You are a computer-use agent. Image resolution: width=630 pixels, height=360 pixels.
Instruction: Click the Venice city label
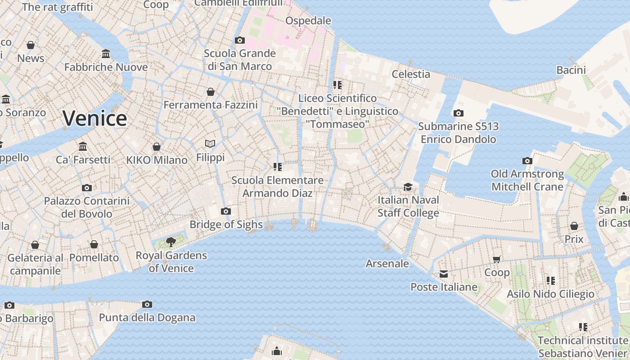[x=94, y=118]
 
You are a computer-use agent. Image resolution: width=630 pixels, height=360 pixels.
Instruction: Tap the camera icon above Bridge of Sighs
[x=226, y=211]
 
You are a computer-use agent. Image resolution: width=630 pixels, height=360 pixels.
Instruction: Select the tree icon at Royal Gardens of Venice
[x=171, y=242]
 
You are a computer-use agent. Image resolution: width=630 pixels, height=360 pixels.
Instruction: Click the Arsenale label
[x=387, y=264]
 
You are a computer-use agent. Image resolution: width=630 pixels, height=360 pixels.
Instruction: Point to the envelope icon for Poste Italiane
[x=444, y=274]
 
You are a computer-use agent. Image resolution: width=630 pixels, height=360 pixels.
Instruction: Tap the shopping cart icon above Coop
[x=497, y=259]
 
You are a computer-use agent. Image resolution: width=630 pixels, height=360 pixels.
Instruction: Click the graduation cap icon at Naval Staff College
[x=408, y=187]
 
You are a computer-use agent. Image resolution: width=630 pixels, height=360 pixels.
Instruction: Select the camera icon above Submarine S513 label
[x=459, y=113]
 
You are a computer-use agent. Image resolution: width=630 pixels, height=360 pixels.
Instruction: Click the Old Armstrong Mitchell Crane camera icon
[x=527, y=161]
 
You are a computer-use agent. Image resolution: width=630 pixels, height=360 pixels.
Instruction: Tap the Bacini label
[x=571, y=70]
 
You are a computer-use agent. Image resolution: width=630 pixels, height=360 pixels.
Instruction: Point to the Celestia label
[x=411, y=74]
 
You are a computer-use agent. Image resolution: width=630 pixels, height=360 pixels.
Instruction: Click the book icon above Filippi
[x=210, y=144]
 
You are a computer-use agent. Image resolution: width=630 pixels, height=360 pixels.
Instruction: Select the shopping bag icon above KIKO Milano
[x=157, y=147]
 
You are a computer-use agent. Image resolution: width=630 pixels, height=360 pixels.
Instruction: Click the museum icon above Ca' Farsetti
[x=83, y=146]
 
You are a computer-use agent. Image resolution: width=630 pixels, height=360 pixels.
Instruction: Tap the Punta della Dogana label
[x=147, y=318]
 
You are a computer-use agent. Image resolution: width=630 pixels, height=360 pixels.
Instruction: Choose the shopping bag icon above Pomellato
[x=94, y=244]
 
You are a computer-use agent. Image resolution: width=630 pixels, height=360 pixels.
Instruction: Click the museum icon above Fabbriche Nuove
[x=106, y=54]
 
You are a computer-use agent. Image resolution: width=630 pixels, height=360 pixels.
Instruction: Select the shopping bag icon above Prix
[x=574, y=225]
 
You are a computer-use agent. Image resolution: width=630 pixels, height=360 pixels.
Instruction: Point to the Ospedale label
[x=308, y=21]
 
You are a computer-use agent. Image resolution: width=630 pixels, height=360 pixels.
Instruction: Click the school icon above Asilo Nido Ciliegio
[x=551, y=280]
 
